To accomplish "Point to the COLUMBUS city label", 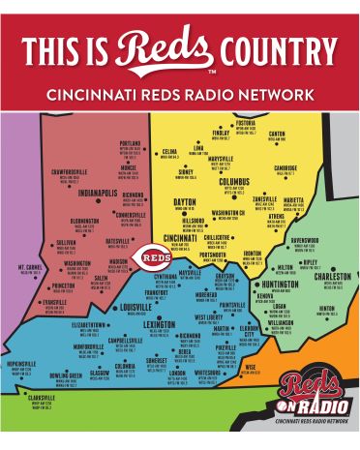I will (x=234, y=180).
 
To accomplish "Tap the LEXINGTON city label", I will (x=161, y=325).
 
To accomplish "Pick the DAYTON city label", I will (x=185, y=202).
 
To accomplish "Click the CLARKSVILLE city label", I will (x=42, y=397).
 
